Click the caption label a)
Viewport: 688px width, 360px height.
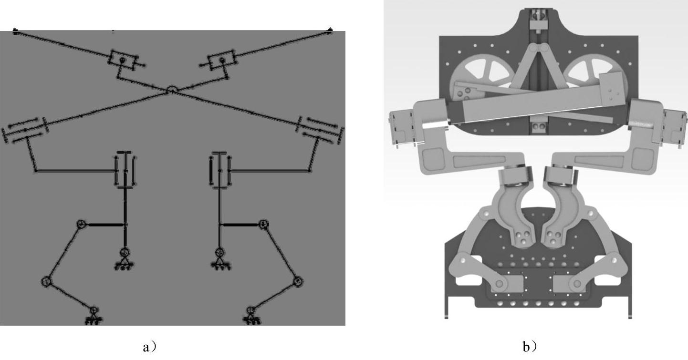(x=150, y=347)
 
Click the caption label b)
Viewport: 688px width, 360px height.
(x=530, y=347)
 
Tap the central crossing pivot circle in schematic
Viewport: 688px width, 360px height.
(x=172, y=90)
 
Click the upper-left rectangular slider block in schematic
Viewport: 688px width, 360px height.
(x=123, y=60)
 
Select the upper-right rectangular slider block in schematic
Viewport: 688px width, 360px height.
(x=221, y=60)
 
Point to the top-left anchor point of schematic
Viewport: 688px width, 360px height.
(x=15, y=31)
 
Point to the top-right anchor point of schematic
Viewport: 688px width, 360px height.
(x=330, y=30)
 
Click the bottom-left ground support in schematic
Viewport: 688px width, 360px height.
(x=94, y=316)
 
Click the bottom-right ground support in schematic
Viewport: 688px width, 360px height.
(x=252, y=316)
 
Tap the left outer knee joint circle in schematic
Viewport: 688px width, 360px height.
(x=46, y=281)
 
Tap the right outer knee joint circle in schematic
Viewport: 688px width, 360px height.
(x=298, y=281)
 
